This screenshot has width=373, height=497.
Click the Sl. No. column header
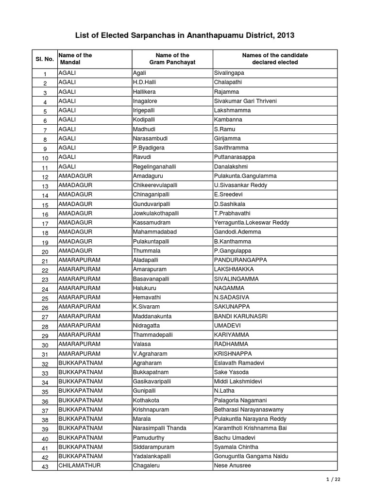(x=45, y=59)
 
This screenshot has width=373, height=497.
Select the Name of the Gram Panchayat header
(x=172, y=59)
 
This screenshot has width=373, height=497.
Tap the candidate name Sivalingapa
(x=229, y=73)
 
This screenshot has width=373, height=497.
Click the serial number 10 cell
(x=45, y=158)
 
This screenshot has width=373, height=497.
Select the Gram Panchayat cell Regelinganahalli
(x=154, y=166)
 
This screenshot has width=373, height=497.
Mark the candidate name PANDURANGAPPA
(x=240, y=260)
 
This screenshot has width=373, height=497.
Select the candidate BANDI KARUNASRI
(x=240, y=316)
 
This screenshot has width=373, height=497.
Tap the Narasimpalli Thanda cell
(x=159, y=429)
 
